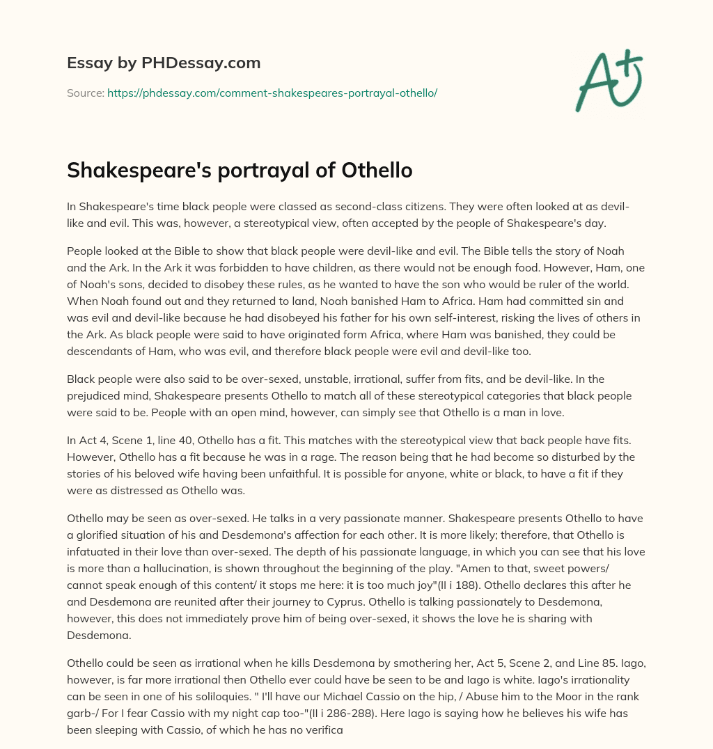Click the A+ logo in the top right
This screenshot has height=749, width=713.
click(608, 81)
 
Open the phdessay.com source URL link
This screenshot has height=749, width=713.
click(272, 93)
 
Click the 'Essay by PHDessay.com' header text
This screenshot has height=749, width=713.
click(164, 63)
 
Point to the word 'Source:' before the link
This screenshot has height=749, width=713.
click(85, 93)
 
